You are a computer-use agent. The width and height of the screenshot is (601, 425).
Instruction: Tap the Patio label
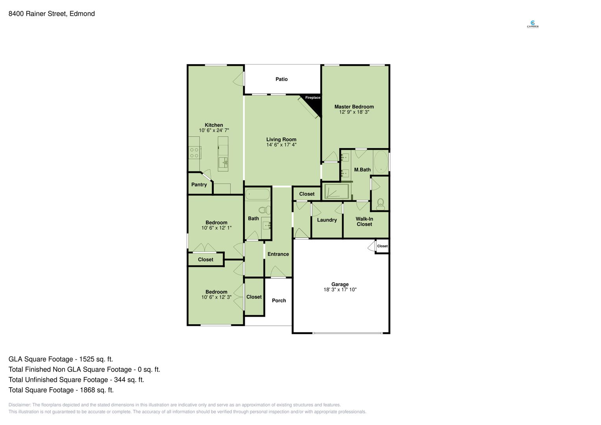(x=281, y=79)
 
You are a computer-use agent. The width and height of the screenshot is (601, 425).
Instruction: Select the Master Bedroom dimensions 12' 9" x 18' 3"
(x=354, y=112)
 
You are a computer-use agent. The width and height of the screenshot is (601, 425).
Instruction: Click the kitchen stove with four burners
(x=194, y=153)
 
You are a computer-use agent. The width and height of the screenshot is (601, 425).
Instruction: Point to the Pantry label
(x=199, y=185)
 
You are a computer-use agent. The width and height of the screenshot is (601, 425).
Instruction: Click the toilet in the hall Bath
(x=264, y=210)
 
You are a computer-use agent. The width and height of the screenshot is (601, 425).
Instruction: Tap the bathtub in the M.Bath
(x=381, y=162)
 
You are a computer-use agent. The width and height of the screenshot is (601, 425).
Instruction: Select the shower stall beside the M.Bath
(x=337, y=191)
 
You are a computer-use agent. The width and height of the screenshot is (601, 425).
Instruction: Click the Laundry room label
(x=327, y=220)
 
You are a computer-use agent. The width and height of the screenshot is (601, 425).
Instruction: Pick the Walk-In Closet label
(x=364, y=222)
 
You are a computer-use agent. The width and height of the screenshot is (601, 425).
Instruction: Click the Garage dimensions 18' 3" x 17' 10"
(x=340, y=290)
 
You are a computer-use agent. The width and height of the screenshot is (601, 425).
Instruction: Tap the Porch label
(x=279, y=301)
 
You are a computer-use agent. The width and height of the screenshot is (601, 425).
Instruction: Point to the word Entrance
(x=278, y=254)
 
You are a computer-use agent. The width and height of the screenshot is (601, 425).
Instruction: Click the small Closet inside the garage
(x=382, y=246)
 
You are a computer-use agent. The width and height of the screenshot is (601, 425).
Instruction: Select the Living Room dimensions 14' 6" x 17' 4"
(x=281, y=145)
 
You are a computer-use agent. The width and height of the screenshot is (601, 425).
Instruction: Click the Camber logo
(x=533, y=24)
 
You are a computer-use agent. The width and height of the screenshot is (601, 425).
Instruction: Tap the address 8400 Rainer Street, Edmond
(x=52, y=14)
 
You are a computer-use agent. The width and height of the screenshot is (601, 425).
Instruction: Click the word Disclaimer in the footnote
(x=19, y=405)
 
